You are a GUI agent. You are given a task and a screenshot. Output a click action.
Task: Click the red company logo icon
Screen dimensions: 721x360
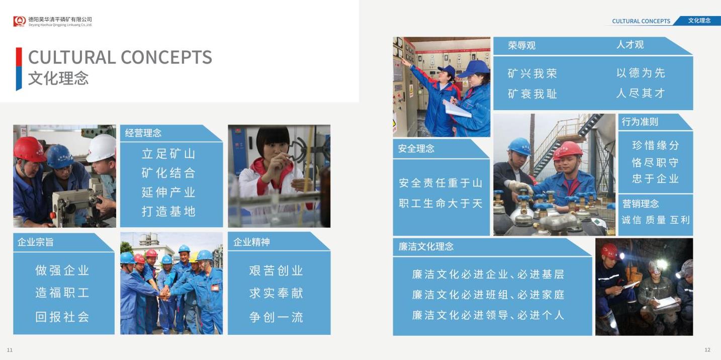(x=20, y=21)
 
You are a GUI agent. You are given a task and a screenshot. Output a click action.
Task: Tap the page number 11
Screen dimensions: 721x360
(x=10, y=350)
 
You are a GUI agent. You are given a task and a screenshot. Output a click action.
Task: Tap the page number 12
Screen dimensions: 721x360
(x=707, y=350)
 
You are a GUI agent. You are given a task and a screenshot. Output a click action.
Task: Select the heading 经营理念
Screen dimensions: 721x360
(x=143, y=133)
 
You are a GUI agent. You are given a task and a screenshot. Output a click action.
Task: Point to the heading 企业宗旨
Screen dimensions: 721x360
(x=35, y=242)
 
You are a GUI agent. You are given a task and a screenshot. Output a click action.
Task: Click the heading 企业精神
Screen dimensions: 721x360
(x=251, y=242)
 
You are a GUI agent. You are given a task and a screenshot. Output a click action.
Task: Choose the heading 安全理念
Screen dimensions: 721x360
(x=416, y=148)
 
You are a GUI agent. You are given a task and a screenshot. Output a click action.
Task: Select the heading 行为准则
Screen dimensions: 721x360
(x=640, y=122)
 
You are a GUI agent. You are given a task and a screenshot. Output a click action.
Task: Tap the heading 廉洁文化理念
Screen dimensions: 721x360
(x=426, y=247)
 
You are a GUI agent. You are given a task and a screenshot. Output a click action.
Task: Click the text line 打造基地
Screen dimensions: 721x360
(x=168, y=212)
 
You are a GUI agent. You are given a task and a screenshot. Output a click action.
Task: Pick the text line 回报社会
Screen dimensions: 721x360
(x=62, y=317)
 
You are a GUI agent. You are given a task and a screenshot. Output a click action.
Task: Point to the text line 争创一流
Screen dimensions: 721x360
(x=276, y=317)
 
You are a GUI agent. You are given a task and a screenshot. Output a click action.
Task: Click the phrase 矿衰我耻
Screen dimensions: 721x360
(x=532, y=94)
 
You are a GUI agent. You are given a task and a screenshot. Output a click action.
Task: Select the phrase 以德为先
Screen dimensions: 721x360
(x=641, y=73)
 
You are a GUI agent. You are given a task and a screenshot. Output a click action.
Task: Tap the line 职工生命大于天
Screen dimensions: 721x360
(x=440, y=204)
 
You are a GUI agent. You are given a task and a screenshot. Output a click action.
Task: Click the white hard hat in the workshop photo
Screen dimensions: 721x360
(x=101, y=148)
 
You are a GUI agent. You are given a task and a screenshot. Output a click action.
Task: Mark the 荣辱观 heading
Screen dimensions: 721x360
(x=522, y=45)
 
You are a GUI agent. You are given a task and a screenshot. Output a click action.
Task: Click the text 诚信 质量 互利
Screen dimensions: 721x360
(x=656, y=220)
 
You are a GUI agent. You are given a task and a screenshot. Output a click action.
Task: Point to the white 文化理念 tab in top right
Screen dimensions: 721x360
(x=699, y=21)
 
